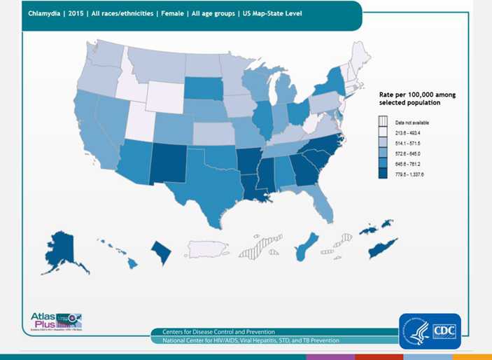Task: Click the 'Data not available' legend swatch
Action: tap(383, 122)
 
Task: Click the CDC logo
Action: tap(430, 331)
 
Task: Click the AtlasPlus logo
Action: tap(56, 321)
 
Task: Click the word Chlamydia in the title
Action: tap(43, 13)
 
